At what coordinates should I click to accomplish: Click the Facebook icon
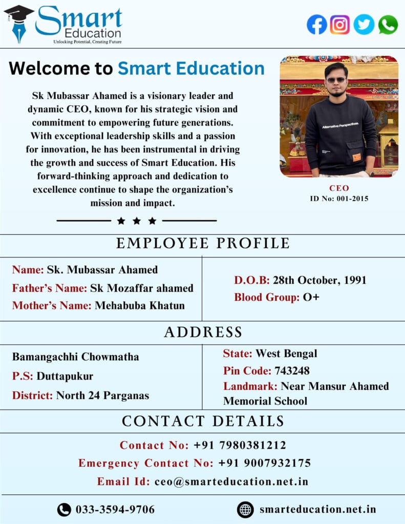click(317, 25)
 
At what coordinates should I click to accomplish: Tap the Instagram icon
click(340, 25)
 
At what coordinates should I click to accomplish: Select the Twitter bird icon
click(364, 25)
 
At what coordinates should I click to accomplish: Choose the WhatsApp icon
click(388, 25)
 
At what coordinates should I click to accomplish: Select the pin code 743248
click(292, 370)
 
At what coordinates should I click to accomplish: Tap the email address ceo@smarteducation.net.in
click(231, 482)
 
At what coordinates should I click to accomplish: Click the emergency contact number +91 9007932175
click(264, 463)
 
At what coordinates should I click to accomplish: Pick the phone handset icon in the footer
click(64, 510)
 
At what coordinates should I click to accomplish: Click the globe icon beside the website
click(245, 510)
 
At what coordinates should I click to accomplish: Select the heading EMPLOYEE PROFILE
click(203, 244)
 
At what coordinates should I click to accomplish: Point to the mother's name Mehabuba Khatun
click(140, 305)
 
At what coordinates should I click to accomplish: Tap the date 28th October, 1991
click(319, 280)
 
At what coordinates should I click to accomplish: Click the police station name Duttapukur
click(65, 376)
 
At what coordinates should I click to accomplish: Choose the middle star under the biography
click(136, 221)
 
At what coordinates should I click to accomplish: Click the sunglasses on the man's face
click(336, 79)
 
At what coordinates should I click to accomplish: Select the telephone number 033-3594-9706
click(115, 510)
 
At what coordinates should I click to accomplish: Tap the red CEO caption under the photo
click(338, 188)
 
